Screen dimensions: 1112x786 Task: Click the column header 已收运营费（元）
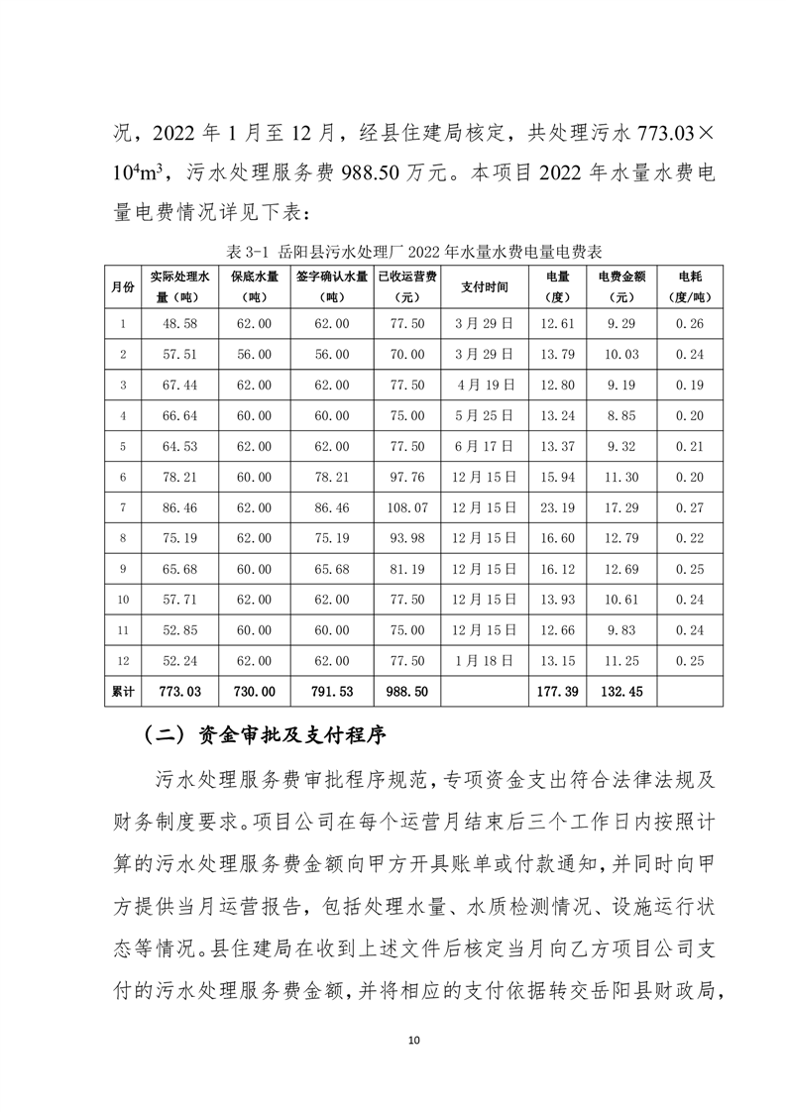pos(408,286)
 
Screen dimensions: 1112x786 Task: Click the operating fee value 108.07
pos(408,507)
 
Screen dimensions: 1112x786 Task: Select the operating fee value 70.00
pos(408,354)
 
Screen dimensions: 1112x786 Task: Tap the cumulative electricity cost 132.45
pos(623,691)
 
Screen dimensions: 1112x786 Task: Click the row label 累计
pos(124,691)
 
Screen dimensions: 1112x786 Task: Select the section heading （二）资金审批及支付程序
pos(265,736)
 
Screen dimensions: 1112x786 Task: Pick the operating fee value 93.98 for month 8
pos(408,538)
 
